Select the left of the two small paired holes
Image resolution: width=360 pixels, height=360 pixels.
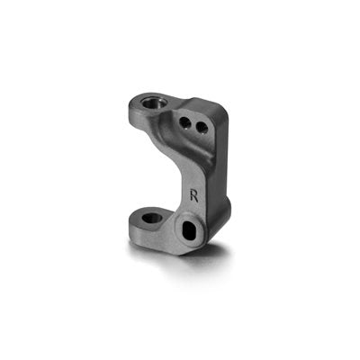click(x=187, y=121)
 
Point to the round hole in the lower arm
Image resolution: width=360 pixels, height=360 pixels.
click(x=152, y=218)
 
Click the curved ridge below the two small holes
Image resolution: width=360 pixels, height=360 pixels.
click(x=193, y=144)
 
